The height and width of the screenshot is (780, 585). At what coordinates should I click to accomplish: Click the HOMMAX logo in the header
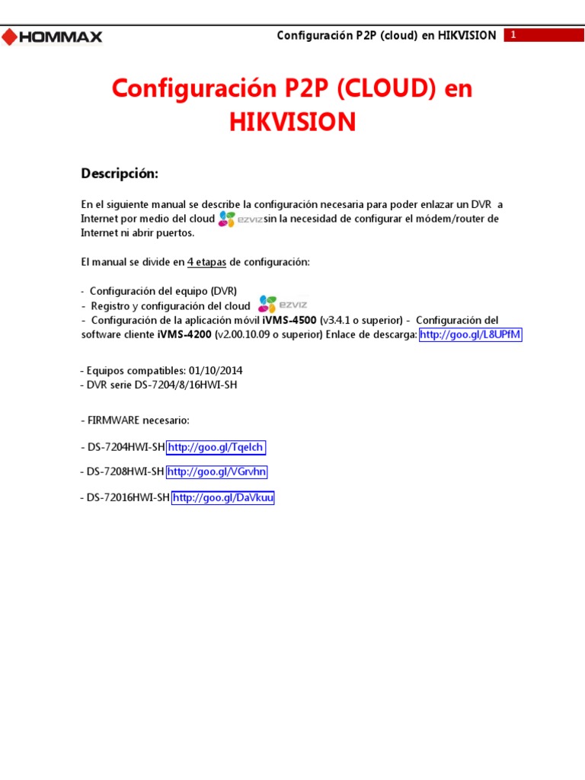(52, 37)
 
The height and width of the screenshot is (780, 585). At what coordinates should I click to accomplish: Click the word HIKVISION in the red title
(292, 122)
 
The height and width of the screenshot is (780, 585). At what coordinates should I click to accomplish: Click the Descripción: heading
(120, 174)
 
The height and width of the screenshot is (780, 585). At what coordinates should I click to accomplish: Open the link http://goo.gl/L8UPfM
(470, 334)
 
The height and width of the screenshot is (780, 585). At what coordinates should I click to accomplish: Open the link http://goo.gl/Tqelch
(216, 447)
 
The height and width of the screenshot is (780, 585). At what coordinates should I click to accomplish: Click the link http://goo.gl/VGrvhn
(217, 472)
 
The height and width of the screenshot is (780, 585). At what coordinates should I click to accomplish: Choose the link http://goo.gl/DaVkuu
(222, 498)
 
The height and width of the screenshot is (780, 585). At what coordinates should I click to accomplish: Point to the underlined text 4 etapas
(206, 262)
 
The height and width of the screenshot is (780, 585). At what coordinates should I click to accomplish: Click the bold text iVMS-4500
(289, 321)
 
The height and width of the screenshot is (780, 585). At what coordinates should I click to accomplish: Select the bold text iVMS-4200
(185, 334)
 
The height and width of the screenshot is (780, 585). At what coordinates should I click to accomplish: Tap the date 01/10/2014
(214, 371)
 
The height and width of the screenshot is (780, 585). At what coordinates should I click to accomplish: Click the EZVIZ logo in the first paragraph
(240, 219)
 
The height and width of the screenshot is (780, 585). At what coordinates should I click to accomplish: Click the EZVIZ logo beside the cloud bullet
(282, 305)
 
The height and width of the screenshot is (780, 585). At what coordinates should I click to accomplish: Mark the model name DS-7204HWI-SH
(126, 447)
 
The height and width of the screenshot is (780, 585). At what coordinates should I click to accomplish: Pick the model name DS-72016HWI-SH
(128, 498)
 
